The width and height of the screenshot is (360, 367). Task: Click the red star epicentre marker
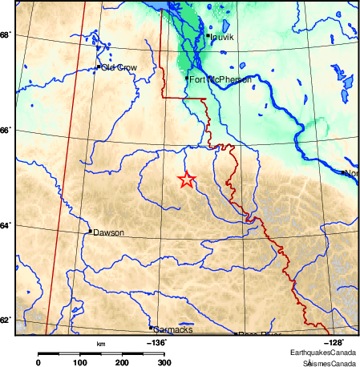186,179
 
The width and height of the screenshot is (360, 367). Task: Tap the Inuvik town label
221,37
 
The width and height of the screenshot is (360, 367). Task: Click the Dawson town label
108,233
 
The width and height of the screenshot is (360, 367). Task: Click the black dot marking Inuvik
208,35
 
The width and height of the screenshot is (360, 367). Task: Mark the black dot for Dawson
90,232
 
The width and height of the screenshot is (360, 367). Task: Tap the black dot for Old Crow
99,67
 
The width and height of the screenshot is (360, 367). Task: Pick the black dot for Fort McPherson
187,79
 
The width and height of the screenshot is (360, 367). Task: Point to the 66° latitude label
6,130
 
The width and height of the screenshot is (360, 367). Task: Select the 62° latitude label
6,321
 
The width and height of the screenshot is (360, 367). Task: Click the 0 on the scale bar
38,363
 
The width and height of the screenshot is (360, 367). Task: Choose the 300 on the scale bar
164,363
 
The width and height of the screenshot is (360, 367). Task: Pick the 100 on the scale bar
80,363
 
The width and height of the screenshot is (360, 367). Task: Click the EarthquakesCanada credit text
324,353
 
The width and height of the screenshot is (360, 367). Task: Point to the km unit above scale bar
100,344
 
